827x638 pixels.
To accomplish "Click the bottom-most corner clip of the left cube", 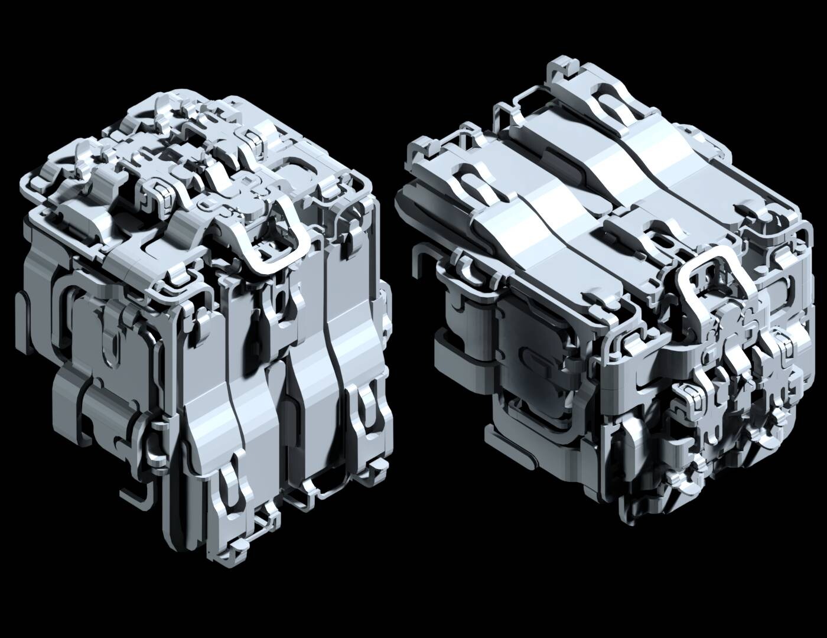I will (x=233, y=546).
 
